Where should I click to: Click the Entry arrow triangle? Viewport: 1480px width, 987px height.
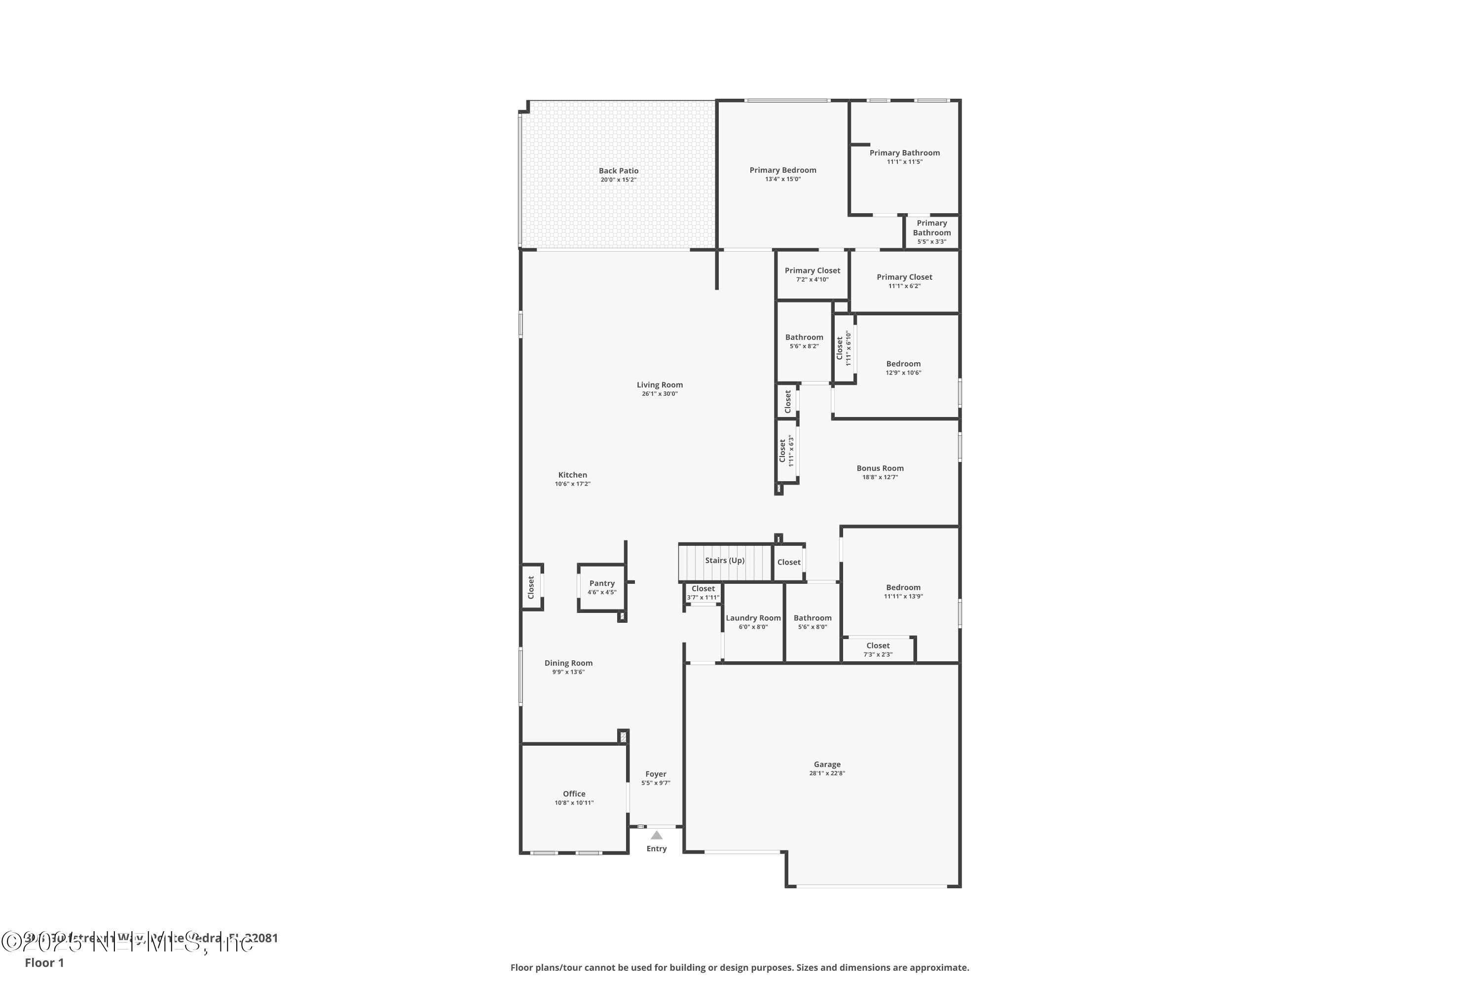[x=656, y=835]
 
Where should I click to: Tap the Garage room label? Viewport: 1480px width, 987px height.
[x=827, y=764]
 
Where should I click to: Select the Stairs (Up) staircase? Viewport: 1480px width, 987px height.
[x=724, y=561]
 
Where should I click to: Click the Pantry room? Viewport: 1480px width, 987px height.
[x=601, y=588]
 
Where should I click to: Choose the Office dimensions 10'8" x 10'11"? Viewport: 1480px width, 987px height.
[x=574, y=802]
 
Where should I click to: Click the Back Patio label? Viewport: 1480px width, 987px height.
[x=619, y=171]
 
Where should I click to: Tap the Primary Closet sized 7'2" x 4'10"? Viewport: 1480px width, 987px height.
[x=813, y=274]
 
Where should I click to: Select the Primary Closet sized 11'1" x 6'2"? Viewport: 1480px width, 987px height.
[x=904, y=281]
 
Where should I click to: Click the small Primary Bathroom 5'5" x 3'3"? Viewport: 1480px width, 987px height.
[x=932, y=231]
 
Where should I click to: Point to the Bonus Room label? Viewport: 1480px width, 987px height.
[x=880, y=468]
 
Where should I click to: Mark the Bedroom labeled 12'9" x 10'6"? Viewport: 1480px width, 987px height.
[x=903, y=368]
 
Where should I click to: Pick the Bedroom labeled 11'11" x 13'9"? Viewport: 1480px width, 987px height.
[x=903, y=591]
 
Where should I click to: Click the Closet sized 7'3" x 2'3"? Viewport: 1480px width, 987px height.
[x=878, y=649]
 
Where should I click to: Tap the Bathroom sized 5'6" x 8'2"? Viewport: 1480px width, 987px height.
[x=804, y=341]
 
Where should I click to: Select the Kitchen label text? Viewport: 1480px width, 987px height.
[x=573, y=475]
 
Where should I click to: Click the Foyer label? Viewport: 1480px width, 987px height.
[x=656, y=774]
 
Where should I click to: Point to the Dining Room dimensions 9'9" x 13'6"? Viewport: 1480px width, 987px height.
[x=568, y=672]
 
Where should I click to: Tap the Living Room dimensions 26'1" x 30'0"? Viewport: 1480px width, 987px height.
[x=660, y=394]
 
